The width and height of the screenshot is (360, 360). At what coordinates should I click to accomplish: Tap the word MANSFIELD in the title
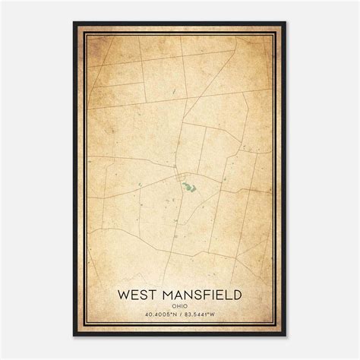198,292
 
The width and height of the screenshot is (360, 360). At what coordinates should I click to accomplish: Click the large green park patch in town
187,183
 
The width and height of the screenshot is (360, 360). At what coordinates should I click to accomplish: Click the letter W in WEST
123,292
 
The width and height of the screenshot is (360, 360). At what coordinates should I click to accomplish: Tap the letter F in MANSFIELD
207,292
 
